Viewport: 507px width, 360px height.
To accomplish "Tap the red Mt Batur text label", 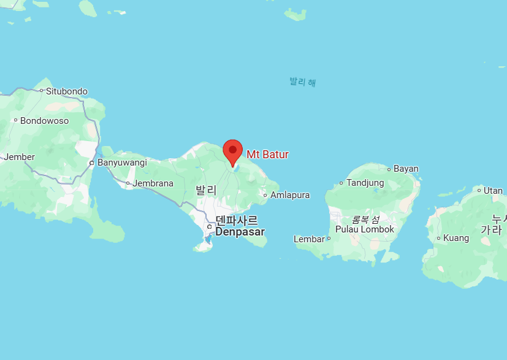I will pyautogui.click(x=267, y=155).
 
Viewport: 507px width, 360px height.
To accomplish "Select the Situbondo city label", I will pyautogui.click(x=66, y=91).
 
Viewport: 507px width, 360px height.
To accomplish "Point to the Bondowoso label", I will pyautogui.click(x=44, y=121).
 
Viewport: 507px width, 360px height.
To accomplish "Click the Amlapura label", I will pyautogui.click(x=290, y=195).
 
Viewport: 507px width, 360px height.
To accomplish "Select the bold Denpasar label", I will pyautogui.click(x=240, y=232).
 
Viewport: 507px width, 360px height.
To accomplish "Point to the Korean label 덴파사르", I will pyautogui.click(x=237, y=220).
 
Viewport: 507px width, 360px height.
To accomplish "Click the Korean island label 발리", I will pyautogui.click(x=206, y=190).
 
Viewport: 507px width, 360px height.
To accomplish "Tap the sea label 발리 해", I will pyautogui.click(x=303, y=82).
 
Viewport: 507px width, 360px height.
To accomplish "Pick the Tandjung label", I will pyautogui.click(x=365, y=183).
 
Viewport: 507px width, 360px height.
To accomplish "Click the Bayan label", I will pyautogui.click(x=406, y=169).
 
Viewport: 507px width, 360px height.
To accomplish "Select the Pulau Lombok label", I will pyautogui.click(x=365, y=229).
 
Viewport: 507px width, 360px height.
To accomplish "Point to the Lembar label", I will pyautogui.click(x=309, y=239).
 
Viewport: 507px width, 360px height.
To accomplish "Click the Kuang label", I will pyautogui.click(x=456, y=238).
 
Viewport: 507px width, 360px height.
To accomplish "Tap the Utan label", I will pyautogui.click(x=493, y=191).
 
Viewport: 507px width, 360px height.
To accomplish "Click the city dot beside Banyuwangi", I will pyautogui.click(x=91, y=163).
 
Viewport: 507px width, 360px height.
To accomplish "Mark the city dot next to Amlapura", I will pyautogui.click(x=265, y=195).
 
